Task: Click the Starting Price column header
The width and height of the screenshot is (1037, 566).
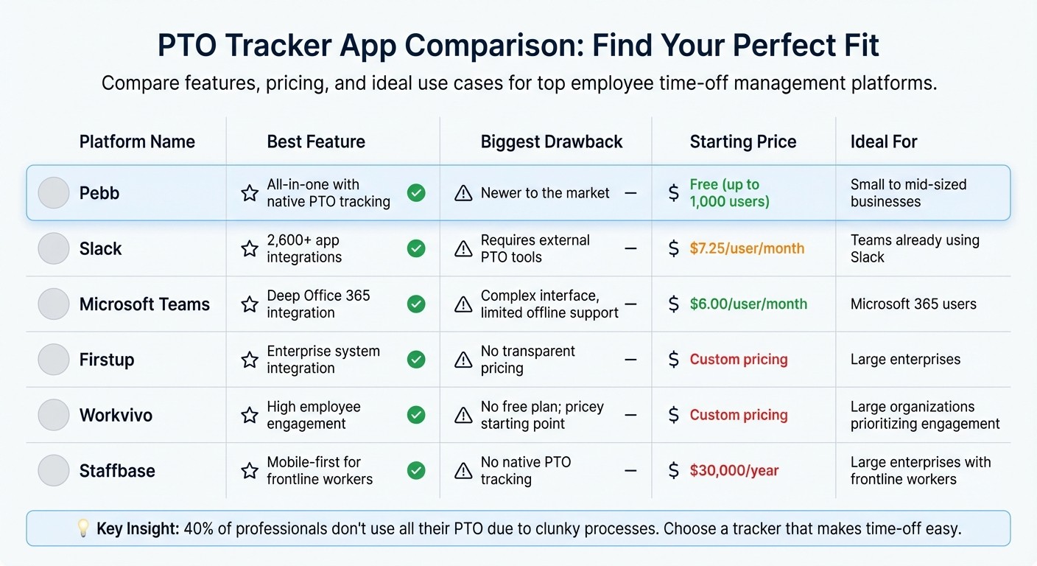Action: (742, 141)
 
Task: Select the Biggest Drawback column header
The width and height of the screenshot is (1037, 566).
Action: (552, 141)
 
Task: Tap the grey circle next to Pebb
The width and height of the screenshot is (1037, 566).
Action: (54, 193)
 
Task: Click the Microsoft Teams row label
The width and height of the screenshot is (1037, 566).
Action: (144, 304)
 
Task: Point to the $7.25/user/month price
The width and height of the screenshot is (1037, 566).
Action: (747, 248)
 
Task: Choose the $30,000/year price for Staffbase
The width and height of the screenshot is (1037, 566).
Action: (734, 471)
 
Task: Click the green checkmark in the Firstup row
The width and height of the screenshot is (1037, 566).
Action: (416, 360)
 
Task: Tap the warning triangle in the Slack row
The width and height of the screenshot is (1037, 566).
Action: (463, 249)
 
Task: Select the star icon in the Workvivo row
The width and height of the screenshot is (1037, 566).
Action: (250, 416)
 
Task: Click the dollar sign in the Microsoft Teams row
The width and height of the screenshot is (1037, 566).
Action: (673, 304)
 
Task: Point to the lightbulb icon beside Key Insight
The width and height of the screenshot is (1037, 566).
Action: (83, 528)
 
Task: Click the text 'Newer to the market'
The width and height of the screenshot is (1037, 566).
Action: (545, 193)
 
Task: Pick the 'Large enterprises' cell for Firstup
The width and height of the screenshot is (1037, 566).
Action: (905, 360)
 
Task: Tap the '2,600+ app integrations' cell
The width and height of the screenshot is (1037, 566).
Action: (304, 248)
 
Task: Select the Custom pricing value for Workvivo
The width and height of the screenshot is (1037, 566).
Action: (738, 416)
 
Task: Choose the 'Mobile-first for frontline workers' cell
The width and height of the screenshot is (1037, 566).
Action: (320, 471)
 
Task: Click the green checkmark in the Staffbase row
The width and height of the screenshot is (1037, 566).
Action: (416, 471)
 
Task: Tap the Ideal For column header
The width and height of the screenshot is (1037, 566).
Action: (884, 141)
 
